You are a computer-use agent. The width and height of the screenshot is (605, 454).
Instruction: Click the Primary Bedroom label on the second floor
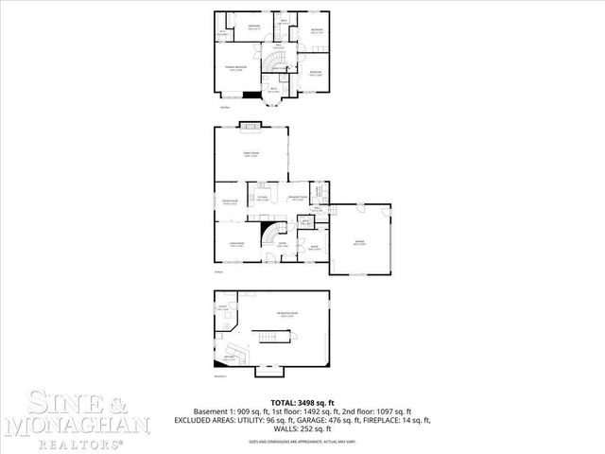point(235,69)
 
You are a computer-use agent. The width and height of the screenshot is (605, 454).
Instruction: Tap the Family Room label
point(252,155)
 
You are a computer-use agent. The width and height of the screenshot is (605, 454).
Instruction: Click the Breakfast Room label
point(297,199)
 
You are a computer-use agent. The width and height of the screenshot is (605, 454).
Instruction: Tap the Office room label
point(314,249)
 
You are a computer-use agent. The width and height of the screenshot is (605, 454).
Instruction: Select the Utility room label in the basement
point(224,308)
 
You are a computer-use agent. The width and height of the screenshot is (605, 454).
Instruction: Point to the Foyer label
point(281,244)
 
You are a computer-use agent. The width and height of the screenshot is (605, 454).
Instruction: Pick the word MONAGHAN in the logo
point(76,426)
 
